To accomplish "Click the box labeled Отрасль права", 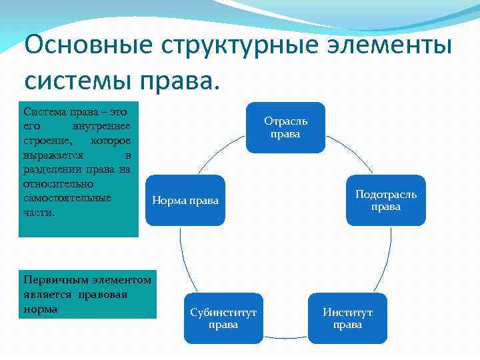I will pos(285,127).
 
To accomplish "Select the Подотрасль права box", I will pos(385,200).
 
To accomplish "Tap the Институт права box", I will pos(347,318).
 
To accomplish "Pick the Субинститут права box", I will pos(223,318).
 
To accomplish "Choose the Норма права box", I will pos(185,200).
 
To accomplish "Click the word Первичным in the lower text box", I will pos(47,279).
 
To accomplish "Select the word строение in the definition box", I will pos(46,141).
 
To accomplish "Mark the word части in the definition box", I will pos(38,213).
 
